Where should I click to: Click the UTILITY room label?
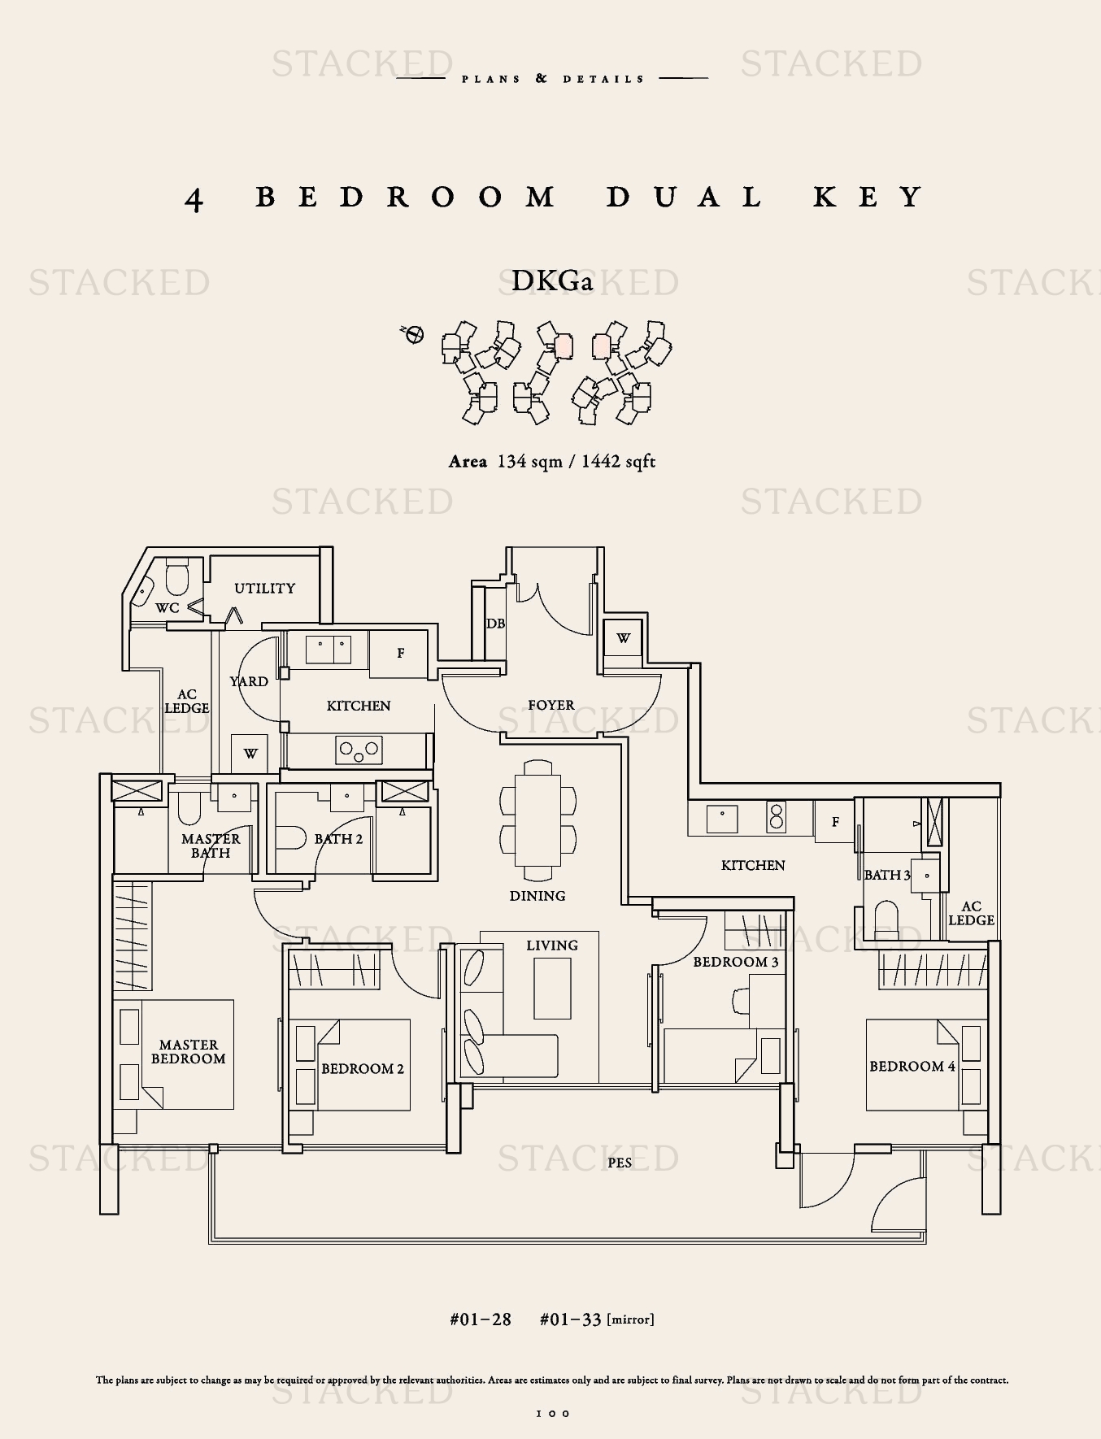click(264, 588)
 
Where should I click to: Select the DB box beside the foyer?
click(495, 623)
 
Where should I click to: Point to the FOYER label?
click(551, 705)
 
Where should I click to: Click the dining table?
click(537, 821)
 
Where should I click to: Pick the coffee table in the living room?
click(552, 989)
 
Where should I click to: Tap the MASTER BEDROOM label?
click(188, 1051)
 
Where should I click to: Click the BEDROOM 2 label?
click(363, 1068)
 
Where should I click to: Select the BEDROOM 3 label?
click(736, 962)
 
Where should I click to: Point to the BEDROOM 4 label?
click(912, 1066)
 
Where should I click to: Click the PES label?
click(620, 1163)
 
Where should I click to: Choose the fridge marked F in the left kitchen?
click(400, 653)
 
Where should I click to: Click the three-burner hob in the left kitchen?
click(359, 750)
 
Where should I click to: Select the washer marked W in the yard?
click(250, 754)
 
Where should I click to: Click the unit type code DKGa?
click(552, 281)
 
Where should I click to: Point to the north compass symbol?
click(413, 334)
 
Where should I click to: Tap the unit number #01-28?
click(481, 1319)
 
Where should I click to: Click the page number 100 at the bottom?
click(553, 1414)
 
